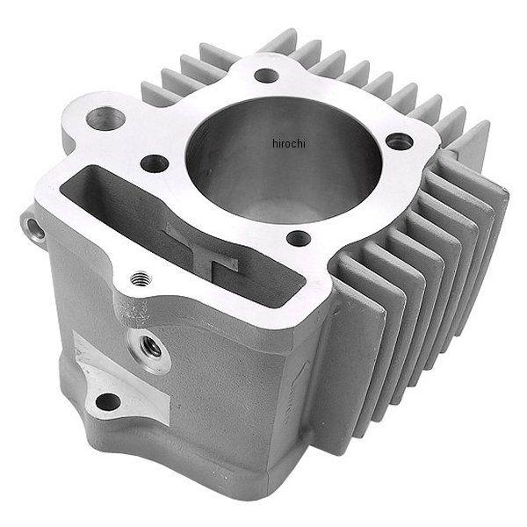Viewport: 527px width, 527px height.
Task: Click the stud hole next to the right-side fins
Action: click(x=399, y=139)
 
